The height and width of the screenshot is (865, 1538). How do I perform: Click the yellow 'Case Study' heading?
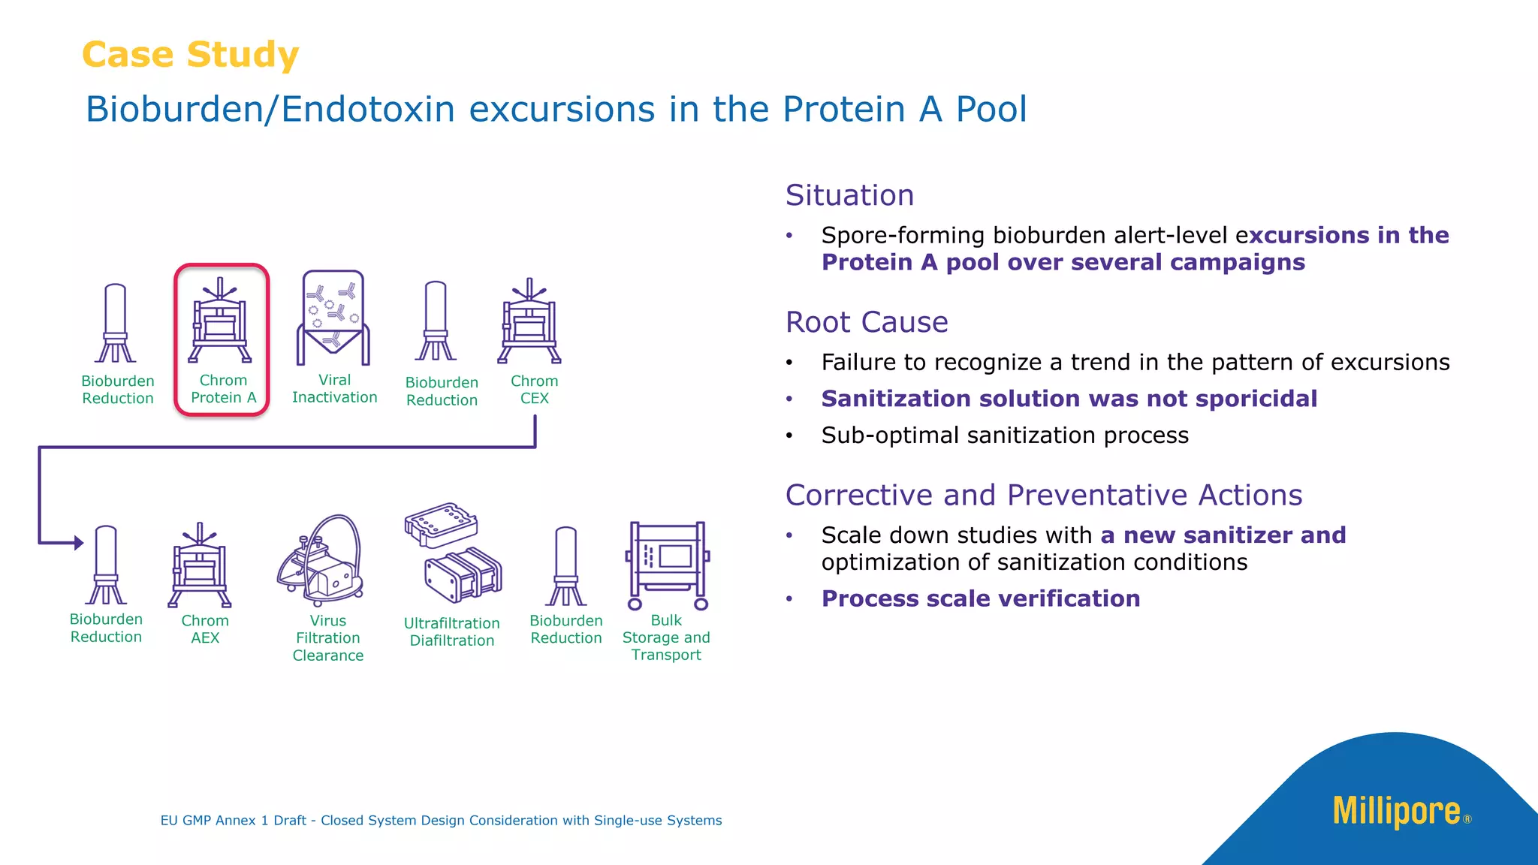[x=190, y=55]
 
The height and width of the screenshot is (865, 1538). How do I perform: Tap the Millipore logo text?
[x=1397, y=812]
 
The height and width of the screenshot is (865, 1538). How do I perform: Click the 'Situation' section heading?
[x=849, y=195]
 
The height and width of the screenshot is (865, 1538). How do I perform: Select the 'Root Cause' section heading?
[x=867, y=322]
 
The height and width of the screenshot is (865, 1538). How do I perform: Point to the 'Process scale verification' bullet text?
[x=980, y=598]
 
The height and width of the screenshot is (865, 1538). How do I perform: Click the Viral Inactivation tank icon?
[x=333, y=318]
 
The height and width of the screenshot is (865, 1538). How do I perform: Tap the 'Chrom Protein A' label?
[x=223, y=389]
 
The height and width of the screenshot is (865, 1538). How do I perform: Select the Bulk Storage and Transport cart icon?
[x=668, y=565]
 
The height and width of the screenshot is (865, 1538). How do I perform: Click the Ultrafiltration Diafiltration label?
[x=451, y=631]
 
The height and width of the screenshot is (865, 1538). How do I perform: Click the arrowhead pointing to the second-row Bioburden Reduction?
[x=79, y=542]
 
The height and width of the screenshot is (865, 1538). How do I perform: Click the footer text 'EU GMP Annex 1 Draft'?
[x=233, y=821]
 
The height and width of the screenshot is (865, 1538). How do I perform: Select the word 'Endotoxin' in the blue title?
[x=368, y=110]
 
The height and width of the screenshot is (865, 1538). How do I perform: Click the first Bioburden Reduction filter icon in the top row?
[x=116, y=323]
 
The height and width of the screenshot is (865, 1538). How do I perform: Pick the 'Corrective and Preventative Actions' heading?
[x=1043, y=496]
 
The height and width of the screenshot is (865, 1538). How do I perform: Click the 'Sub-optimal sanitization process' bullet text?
[x=1004, y=436]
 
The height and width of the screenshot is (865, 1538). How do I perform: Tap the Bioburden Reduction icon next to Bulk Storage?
[x=565, y=566]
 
